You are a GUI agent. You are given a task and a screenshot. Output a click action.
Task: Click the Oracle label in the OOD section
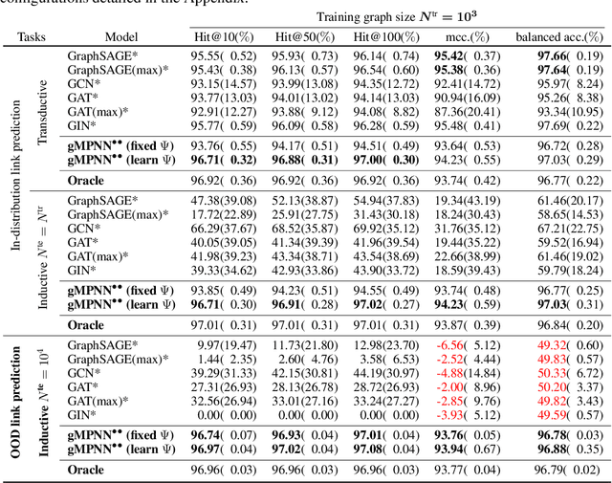coord(86,470)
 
